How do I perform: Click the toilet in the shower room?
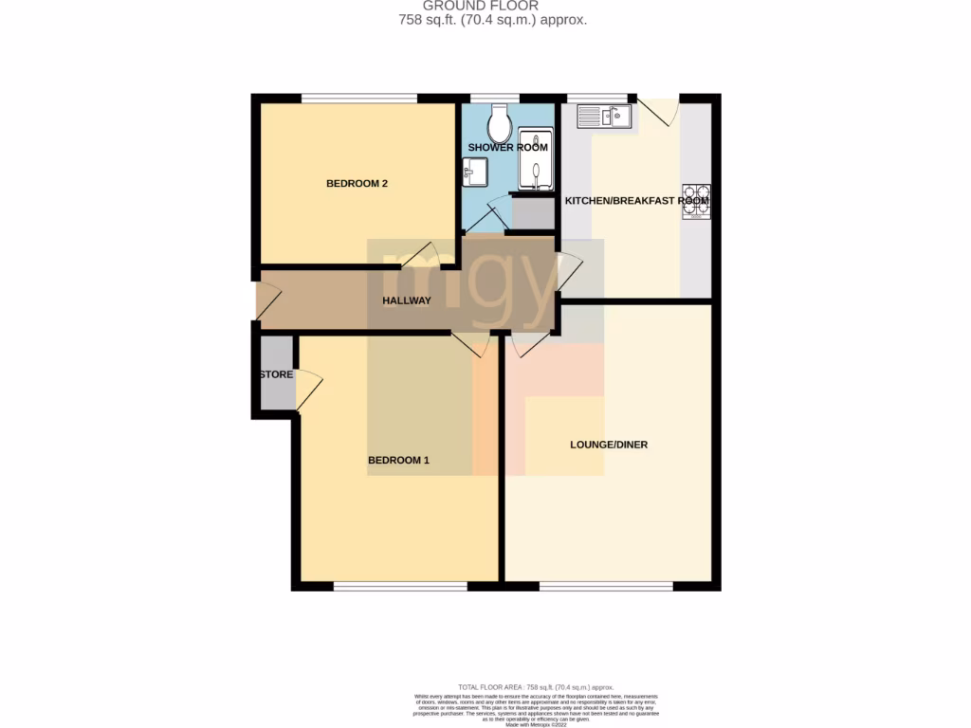pyautogui.click(x=499, y=121)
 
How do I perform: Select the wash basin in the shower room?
pyautogui.click(x=474, y=173)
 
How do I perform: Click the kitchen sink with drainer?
pyautogui.click(x=605, y=116)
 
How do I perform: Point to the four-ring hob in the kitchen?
pyautogui.click(x=695, y=202)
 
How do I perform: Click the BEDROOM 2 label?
pyautogui.click(x=357, y=184)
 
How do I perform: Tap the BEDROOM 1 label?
pyautogui.click(x=398, y=461)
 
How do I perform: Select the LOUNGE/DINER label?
pyautogui.click(x=608, y=445)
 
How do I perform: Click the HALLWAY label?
pyautogui.click(x=406, y=301)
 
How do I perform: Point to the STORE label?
pyautogui.click(x=276, y=375)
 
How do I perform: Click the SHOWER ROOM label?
pyautogui.click(x=507, y=148)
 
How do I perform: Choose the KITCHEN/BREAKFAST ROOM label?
pyautogui.click(x=636, y=201)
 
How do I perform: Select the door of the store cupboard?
pyautogui.click(x=309, y=391)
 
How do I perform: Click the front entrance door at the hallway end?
pyautogui.click(x=267, y=300)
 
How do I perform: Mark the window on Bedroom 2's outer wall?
pyautogui.click(x=359, y=97)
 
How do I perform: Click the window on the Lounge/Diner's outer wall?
pyautogui.click(x=606, y=587)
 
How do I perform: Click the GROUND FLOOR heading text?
pyautogui.click(x=493, y=6)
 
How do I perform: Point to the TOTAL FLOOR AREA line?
pyautogui.click(x=536, y=686)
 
